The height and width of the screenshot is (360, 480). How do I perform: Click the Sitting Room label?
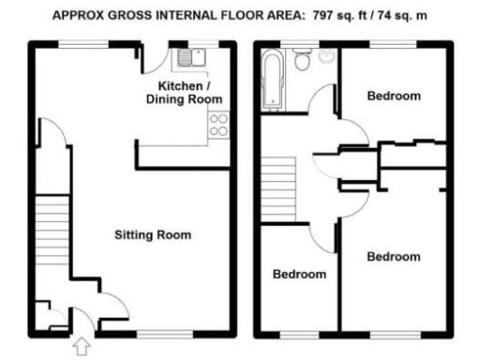click(153, 234)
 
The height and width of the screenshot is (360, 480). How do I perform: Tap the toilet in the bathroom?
click(302, 62)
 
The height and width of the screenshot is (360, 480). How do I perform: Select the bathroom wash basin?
click(326, 57)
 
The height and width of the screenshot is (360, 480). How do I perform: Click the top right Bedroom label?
click(394, 96)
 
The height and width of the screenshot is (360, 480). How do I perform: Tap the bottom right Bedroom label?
click(393, 256)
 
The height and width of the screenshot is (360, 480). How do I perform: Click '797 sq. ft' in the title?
click(342, 16)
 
